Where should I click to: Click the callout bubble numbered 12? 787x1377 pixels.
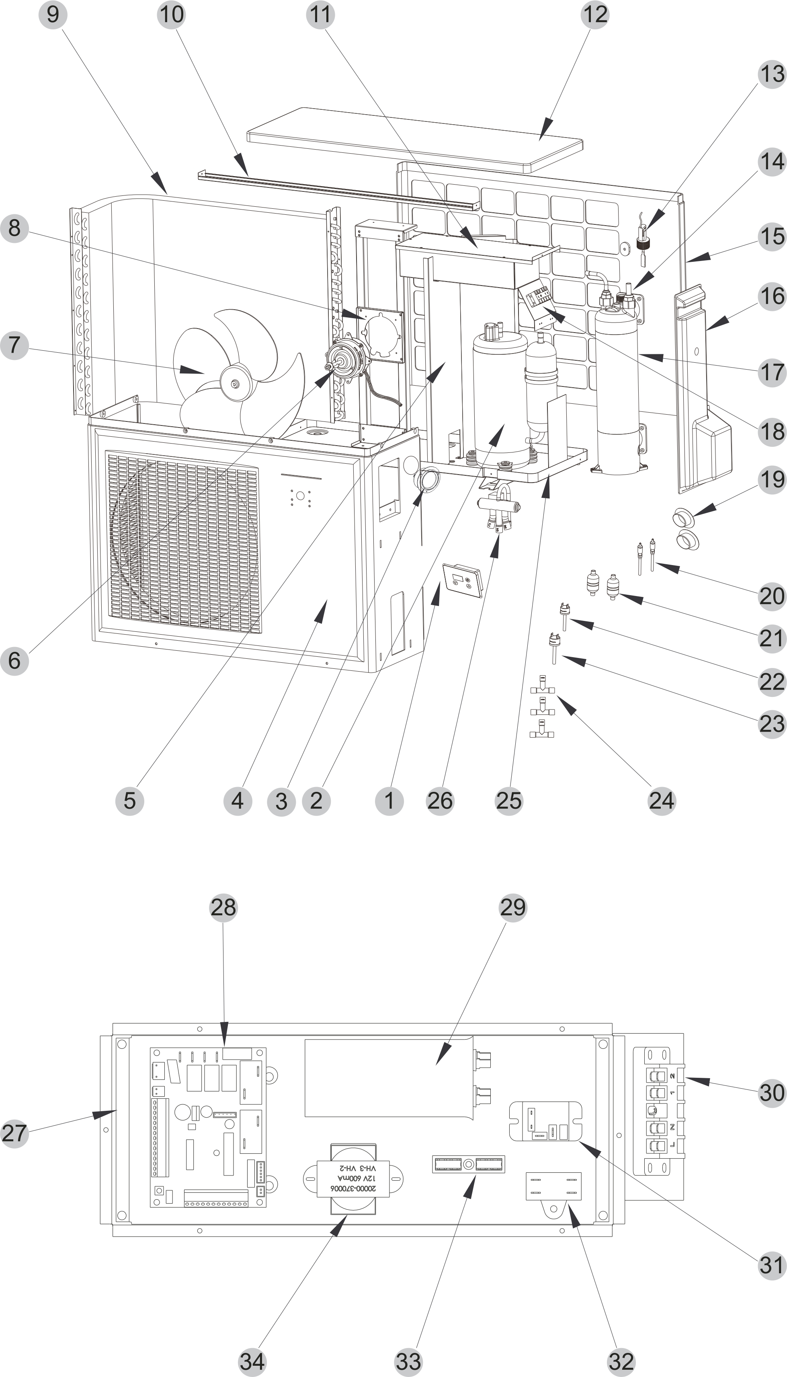coord(595,14)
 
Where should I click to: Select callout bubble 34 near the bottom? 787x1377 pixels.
coord(252,1361)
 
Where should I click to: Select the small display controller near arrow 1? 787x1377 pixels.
coord(462,580)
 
